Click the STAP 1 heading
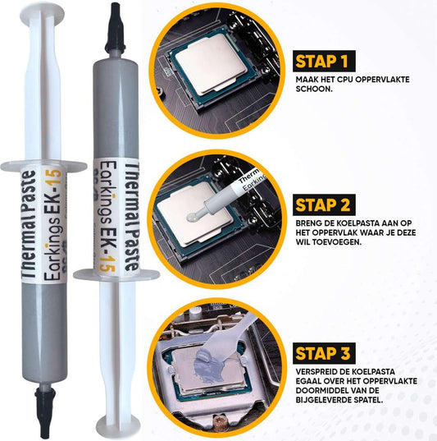[x=324, y=61]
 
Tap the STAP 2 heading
[x=324, y=204]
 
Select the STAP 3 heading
[x=324, y=353]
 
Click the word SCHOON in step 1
[x=314, y=90]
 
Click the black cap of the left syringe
[x=45, y=410]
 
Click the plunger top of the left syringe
[x=43, y=11]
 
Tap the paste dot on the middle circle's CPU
[x=193, y=216]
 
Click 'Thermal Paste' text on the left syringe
[x=29, y=224]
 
